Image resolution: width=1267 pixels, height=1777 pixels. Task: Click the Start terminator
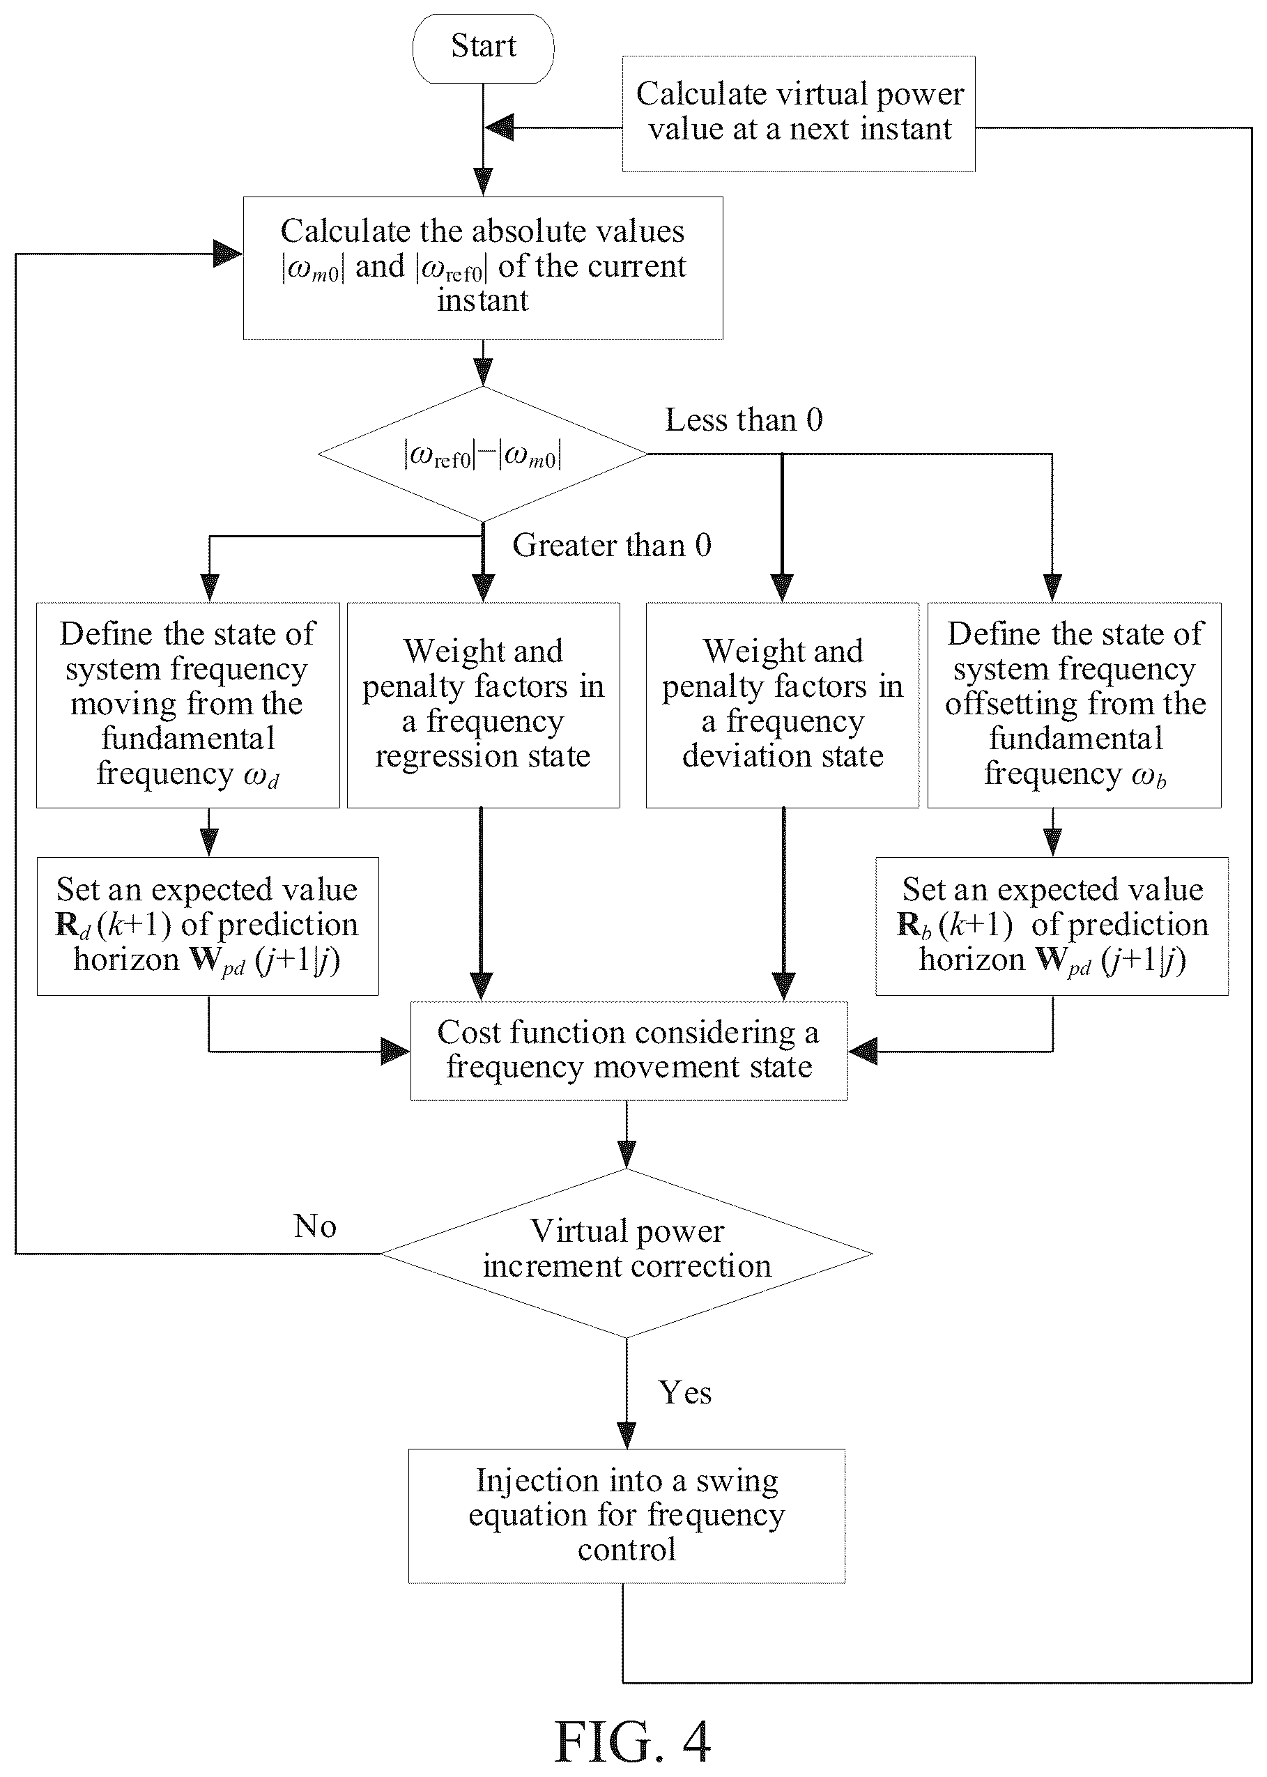click(x=483, y=47)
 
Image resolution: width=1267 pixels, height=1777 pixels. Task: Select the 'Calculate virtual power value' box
click(x=798, y=114)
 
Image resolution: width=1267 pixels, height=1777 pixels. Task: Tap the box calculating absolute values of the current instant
click(x=483, y=268)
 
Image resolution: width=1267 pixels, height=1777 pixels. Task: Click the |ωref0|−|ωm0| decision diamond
click(x=483, y=454)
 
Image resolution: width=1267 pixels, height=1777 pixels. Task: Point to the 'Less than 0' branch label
click(x=744, y=420)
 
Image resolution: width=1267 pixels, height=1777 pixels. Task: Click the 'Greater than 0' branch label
click(x=612, y=545)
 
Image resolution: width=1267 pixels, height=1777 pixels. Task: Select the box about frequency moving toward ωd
click(x=188, y=705)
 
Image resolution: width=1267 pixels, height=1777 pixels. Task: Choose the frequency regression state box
click(x=483, y=705)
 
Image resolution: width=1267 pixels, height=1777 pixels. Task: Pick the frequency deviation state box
click(x=783, y=705)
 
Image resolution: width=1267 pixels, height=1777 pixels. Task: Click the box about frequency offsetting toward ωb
click(x=1074, y=705)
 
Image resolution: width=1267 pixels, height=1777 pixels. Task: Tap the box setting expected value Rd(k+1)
click(x=208, y=926)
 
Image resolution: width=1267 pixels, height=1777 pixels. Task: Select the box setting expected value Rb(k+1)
click(x=1052, y=926)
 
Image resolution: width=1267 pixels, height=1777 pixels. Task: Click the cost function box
click(x=629, y=1051)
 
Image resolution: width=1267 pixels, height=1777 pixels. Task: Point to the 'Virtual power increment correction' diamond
click(x=627, y=1254)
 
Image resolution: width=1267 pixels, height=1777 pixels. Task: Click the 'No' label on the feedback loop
click(x=315, y=1226)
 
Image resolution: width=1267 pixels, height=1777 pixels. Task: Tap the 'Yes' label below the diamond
click(x=685, y=1393)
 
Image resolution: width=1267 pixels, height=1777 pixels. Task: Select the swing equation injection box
click(x=627, y=1516)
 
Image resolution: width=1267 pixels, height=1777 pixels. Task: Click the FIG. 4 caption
click(x=633, y=1742)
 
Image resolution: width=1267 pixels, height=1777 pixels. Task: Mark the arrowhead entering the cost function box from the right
click(x=863, y=1051)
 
